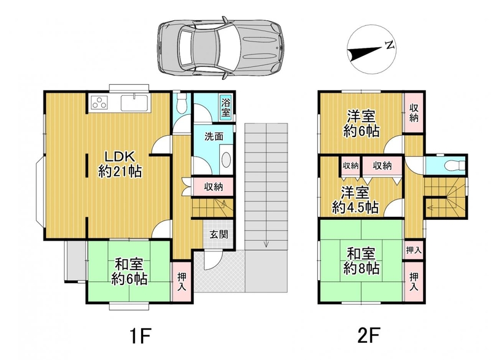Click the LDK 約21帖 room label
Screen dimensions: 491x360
120,164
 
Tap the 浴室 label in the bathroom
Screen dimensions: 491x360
226,108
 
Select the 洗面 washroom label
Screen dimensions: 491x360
214,136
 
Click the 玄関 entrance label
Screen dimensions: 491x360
218,234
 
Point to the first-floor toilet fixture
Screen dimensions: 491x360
182,104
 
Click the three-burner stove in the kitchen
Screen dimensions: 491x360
99,103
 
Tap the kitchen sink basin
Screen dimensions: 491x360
134,103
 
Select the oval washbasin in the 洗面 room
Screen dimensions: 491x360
226,160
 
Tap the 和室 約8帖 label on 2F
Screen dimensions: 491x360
361,261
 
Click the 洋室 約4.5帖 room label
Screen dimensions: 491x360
355,200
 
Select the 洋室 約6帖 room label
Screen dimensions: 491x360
361,123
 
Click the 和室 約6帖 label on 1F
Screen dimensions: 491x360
130,272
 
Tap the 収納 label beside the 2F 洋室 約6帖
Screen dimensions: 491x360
414,113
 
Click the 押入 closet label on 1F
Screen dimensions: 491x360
182,281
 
